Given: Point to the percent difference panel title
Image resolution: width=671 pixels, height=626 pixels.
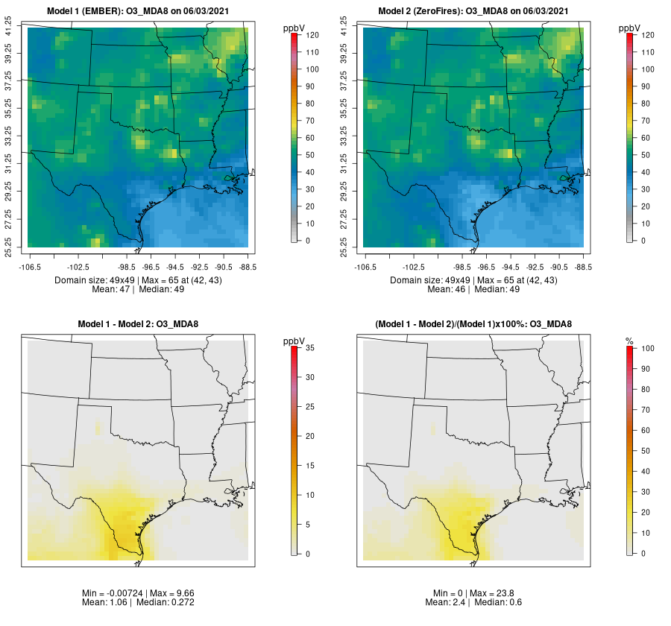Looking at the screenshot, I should (x=473, y=324).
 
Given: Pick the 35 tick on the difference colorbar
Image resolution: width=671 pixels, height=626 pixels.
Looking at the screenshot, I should (x=312, y=348).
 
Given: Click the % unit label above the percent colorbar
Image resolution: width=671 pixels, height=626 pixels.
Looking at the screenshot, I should (x=629, y=341).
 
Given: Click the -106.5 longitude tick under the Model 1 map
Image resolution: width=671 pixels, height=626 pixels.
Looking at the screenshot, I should (x=28, y=266).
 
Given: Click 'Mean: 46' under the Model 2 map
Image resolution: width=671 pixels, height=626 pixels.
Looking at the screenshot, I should (x=446, y=289).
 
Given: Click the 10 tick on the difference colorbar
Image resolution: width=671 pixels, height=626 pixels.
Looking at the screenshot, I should (x=312, y=495).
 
